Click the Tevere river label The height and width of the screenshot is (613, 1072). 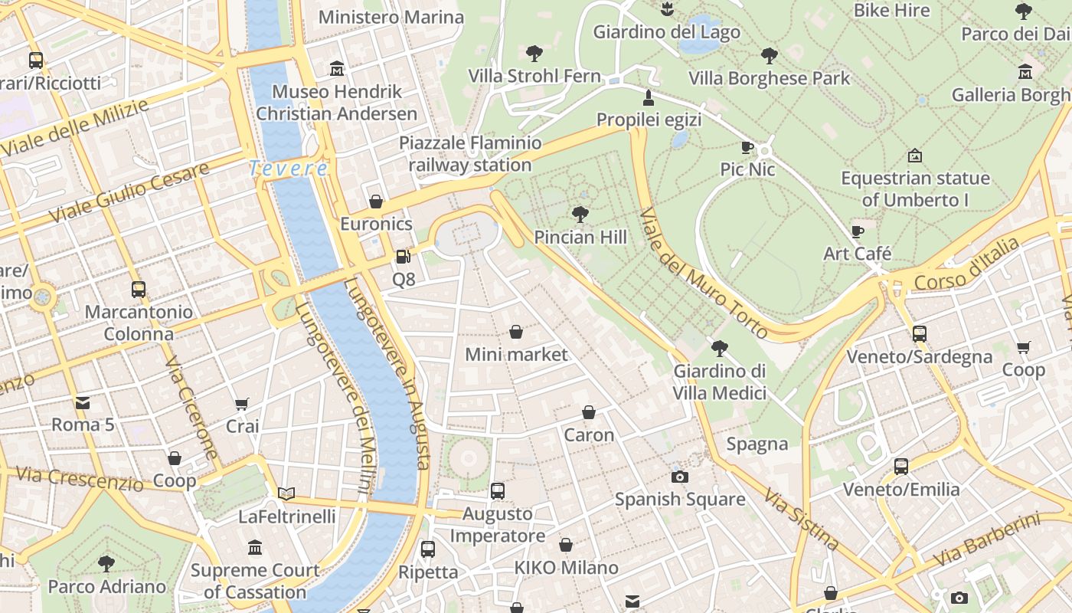288,168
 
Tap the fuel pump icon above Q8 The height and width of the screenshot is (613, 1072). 403,257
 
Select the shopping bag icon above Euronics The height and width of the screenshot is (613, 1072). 376,202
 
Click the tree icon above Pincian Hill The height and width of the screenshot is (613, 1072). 580,214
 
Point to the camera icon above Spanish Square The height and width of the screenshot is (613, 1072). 679,477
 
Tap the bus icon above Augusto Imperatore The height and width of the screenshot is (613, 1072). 498,490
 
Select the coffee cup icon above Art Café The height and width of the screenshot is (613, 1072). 858,231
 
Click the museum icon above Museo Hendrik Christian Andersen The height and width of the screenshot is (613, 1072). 336,69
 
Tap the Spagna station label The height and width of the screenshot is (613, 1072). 757,444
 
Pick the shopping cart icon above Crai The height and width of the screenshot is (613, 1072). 242,404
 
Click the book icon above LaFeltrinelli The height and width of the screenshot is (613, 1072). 286,493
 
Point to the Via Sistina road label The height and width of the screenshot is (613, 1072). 801,519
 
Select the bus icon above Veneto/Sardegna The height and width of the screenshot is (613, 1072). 919,333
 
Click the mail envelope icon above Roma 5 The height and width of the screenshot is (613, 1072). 82,402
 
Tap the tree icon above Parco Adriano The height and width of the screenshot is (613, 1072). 106,564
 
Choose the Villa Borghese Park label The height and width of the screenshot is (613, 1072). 769,78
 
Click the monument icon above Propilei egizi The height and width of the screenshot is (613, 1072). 649,97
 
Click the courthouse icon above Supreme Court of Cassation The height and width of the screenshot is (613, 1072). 255,547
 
